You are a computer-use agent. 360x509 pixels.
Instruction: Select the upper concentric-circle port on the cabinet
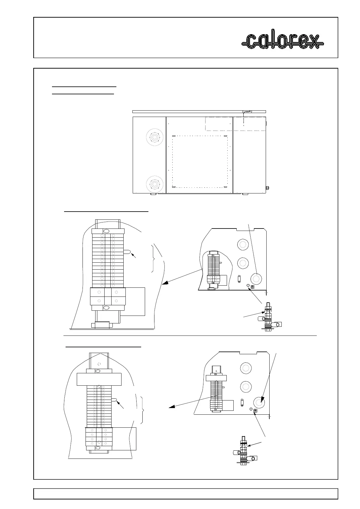tap(155, 138)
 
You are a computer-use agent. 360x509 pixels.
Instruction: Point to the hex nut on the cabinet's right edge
tap(267, 188)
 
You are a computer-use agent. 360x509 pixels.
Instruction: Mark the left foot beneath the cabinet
tap(153, 194)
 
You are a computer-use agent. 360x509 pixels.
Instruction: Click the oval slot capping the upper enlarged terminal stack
tap(106, 231)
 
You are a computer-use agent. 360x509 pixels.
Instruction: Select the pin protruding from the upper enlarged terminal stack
tap(127, 252)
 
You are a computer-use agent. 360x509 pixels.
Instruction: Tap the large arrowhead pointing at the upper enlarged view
tap(164, 284)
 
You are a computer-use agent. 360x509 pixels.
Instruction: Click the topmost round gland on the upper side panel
tap(242, 244)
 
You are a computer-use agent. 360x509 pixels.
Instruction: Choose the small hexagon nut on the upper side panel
tap(248, 285)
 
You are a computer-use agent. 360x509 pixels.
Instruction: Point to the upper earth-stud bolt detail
tap(267, 317)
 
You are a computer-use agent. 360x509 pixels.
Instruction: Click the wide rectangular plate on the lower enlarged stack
tap(99, 379)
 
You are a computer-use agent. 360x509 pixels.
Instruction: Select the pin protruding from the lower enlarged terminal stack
tap(115, 400)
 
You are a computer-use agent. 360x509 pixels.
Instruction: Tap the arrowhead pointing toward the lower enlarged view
tap(172, 407)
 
